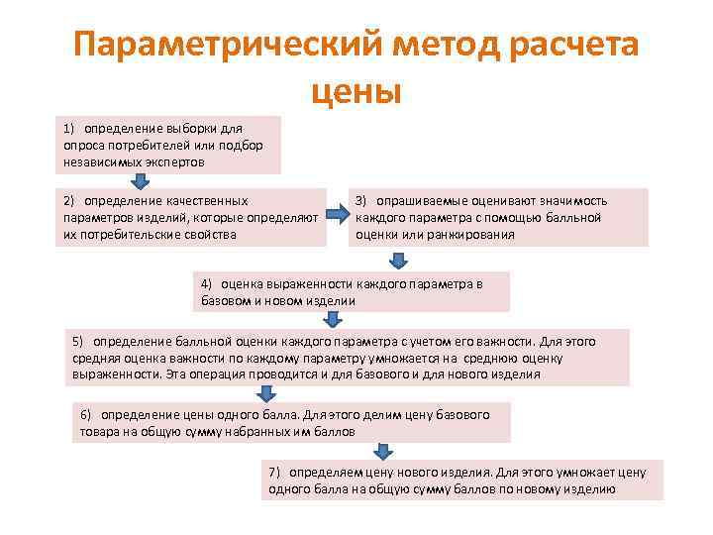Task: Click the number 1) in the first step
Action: coord(69,129)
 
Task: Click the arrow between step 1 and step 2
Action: coord(141,180)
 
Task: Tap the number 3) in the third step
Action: coord(362,200)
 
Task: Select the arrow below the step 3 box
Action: coord(397,260)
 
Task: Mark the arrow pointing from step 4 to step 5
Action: coord(334,319)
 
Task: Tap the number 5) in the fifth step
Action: coord(78,341)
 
